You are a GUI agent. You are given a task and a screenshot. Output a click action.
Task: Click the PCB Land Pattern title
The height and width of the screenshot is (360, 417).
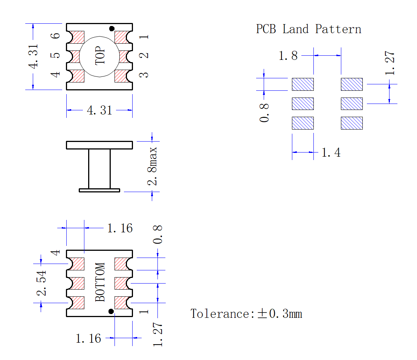[x=309, y=29]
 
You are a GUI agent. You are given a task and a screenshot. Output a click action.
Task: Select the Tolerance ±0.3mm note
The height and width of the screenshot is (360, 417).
[x=246, y=314]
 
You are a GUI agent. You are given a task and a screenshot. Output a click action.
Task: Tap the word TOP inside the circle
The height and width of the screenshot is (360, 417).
[x=100, y=56]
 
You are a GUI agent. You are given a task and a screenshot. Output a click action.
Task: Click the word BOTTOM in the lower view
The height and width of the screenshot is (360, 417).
[x=100, y=282]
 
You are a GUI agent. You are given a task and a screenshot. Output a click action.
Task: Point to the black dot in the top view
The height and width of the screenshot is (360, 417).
[x=112, y=29]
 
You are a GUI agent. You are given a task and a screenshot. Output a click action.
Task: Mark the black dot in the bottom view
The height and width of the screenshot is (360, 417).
[x=111, y=311]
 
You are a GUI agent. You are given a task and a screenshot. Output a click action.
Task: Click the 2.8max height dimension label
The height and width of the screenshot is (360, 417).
[x=153, y=166]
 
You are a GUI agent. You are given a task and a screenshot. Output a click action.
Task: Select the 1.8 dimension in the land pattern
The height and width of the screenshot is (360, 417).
[x=288, y=56]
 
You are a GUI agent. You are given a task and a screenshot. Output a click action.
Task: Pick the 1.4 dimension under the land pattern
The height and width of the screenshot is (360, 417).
[x=331, y=153]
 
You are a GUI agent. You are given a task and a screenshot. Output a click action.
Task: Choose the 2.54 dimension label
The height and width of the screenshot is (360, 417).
[x=41, y=283]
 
